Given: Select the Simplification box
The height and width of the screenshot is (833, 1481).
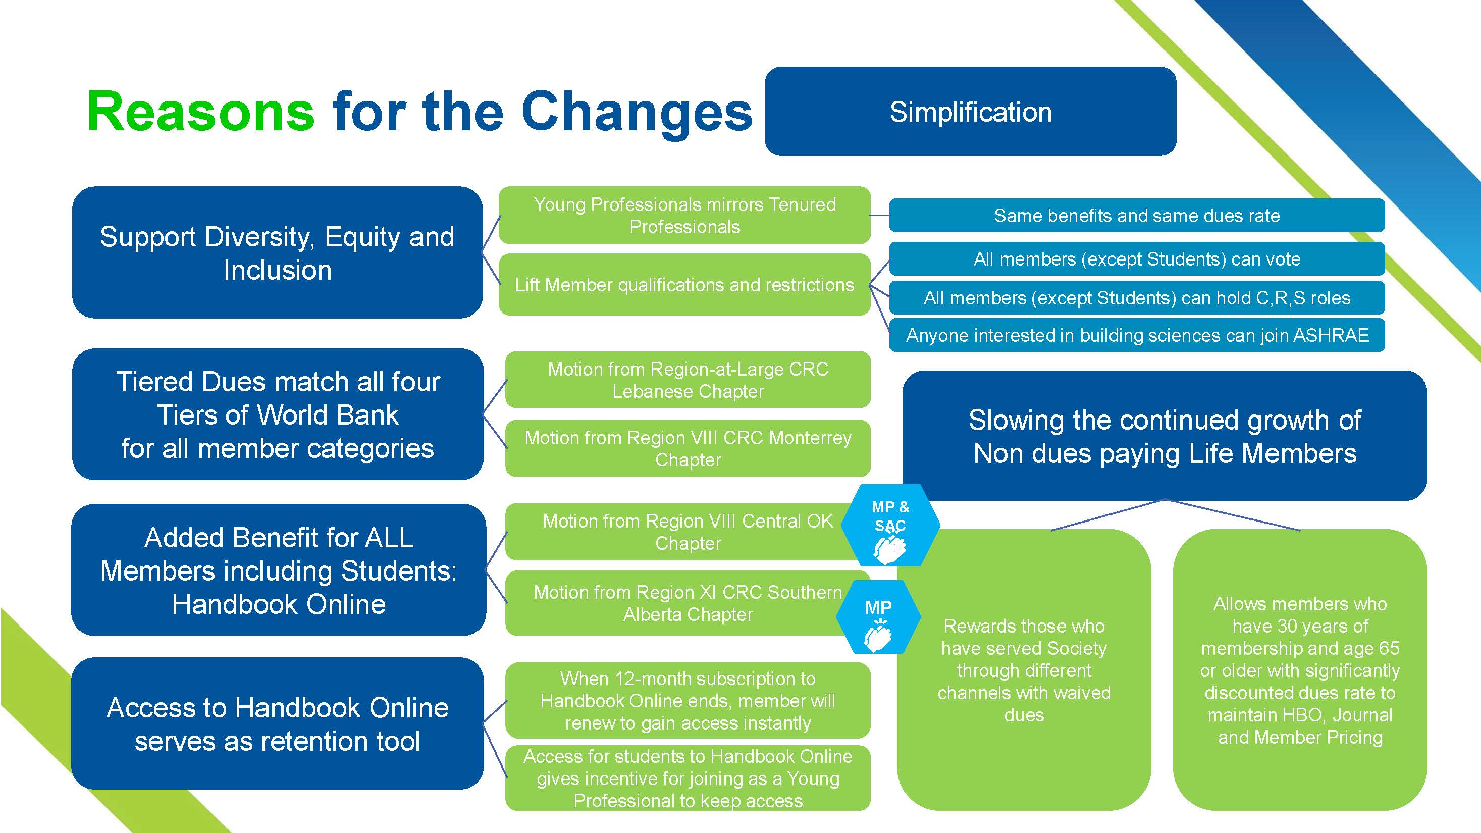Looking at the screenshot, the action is (971, 111).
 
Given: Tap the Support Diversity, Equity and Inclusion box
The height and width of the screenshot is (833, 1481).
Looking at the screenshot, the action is (277, 252).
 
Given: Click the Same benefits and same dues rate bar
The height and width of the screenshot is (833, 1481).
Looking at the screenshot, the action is (1137, 216).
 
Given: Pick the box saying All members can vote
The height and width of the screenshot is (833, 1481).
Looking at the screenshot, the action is (1137, 259).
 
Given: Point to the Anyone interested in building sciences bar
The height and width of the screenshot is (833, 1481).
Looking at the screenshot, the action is (1137, 335).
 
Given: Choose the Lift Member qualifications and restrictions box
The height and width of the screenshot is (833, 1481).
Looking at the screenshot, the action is (684, 285).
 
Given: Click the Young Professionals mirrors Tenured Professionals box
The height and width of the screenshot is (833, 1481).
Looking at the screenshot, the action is (684, 215).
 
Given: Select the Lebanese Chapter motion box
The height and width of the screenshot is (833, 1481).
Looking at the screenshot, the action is (687, 380).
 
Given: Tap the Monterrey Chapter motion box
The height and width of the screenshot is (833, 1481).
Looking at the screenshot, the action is (687, 448).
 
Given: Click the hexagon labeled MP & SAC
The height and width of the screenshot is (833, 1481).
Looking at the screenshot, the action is (890, 526).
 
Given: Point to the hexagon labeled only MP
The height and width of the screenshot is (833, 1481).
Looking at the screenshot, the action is (878, 617).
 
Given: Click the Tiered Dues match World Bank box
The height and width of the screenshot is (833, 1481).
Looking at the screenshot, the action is (277, 414).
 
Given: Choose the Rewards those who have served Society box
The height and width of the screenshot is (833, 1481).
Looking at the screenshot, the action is (1024, 670).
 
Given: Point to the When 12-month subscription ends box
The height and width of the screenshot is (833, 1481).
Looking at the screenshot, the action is (687, 700).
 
